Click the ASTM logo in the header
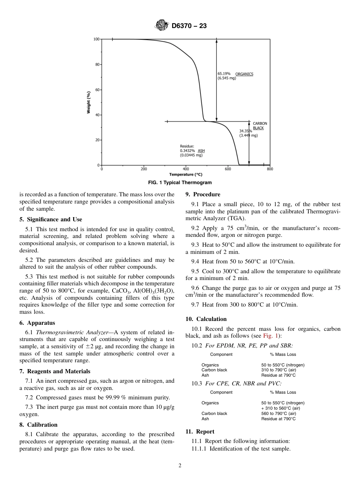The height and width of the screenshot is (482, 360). click(x=161, y=26)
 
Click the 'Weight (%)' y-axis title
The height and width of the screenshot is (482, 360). click(x=88, y=102)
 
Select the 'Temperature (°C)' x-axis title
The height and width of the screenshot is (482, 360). click(x=185, y=175)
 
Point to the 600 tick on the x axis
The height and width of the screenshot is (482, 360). click(x=228, y=169)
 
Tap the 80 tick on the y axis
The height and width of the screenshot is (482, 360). click(x=97, y=64)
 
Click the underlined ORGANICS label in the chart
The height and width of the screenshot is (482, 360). click(x=244, y=74)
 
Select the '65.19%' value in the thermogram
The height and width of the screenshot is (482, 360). click(x=224, y=74)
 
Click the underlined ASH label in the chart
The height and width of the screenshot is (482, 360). click(x=201, y=150)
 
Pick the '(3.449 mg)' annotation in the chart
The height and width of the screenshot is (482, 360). click(x=248, y=136)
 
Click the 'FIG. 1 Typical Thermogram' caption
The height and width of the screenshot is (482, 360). click(x=180, y=183)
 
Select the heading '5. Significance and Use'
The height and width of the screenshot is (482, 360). click(x=51, y=219)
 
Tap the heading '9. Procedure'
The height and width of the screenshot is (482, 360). click(x=203, y=194)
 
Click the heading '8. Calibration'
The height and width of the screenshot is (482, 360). click(x=39, y=425)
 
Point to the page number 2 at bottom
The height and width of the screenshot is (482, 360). click(x=180, y=466)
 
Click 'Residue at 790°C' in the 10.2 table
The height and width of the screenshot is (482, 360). click(x=278, y=375)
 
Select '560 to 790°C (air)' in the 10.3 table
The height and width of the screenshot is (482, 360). click(x=279, y=413)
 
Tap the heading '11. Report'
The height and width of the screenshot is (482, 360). click(x=200, y=432)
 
